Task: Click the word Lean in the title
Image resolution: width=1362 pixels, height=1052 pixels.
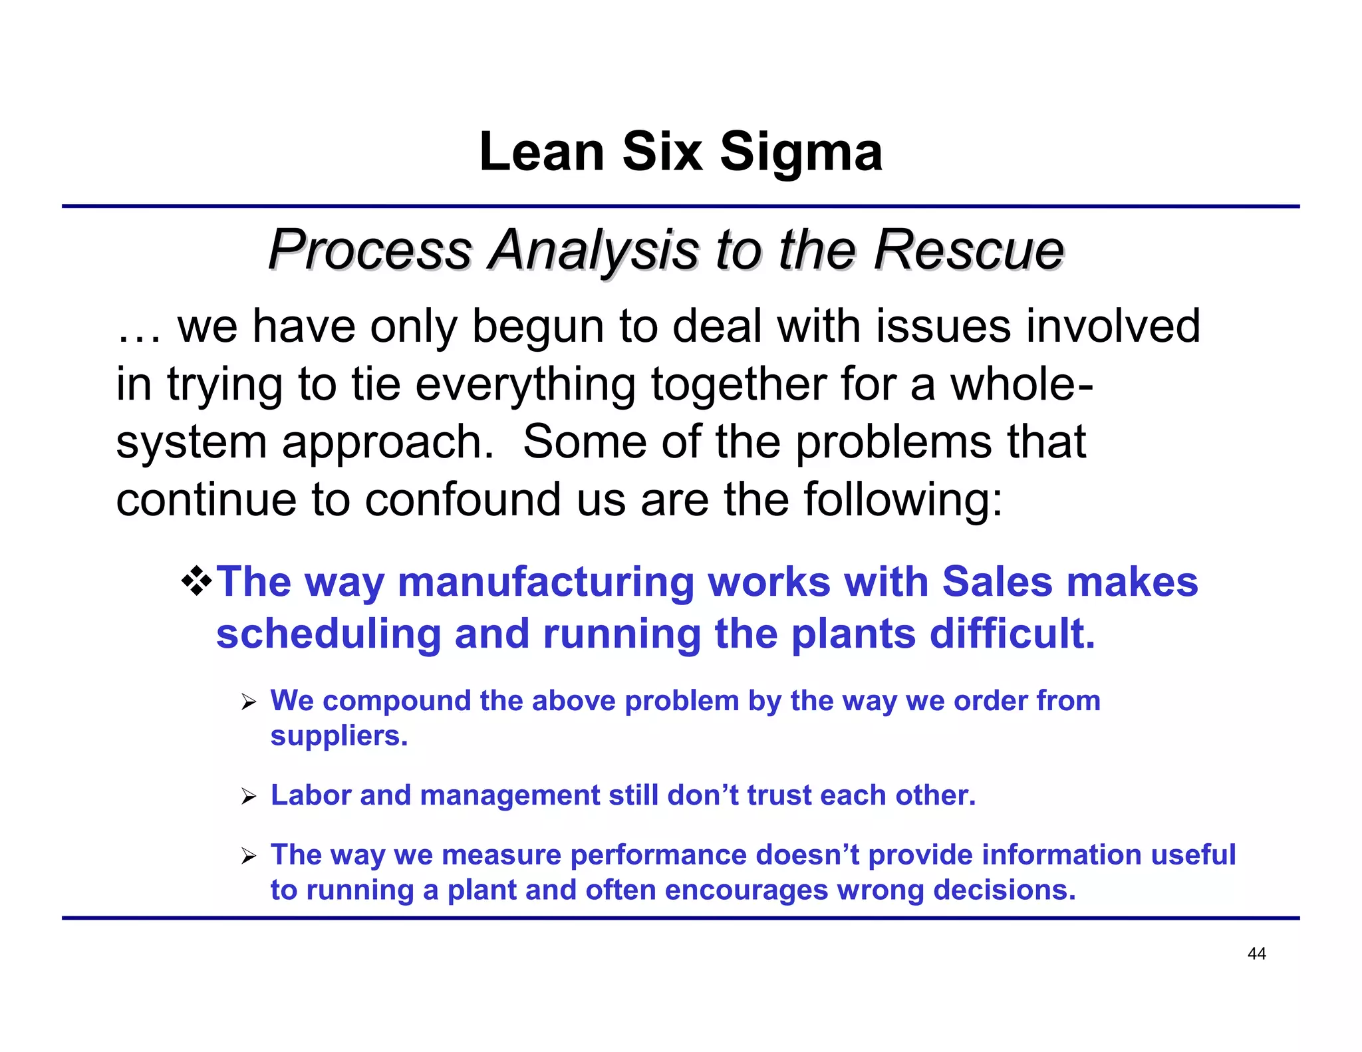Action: tap(541, 153)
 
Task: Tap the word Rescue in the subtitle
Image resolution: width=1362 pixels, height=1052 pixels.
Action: tap(968, 250)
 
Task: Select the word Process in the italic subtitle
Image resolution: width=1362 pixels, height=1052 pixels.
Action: tap(370, 250)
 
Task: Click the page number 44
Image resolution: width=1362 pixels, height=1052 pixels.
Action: tap(1256, 954)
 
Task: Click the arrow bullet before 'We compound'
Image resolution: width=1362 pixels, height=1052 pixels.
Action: tap(249, 702)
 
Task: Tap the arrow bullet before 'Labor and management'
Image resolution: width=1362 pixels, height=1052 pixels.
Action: tap(249, 797)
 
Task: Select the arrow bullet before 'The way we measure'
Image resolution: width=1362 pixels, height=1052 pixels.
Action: tap(249, 856)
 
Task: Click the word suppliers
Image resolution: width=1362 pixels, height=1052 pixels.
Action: tap(338, 737)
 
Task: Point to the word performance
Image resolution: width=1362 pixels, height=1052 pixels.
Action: tap(658, 855)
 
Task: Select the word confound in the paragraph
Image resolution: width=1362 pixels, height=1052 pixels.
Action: tap(462, 500)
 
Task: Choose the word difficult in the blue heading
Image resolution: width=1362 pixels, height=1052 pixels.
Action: tap(1011, 634)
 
